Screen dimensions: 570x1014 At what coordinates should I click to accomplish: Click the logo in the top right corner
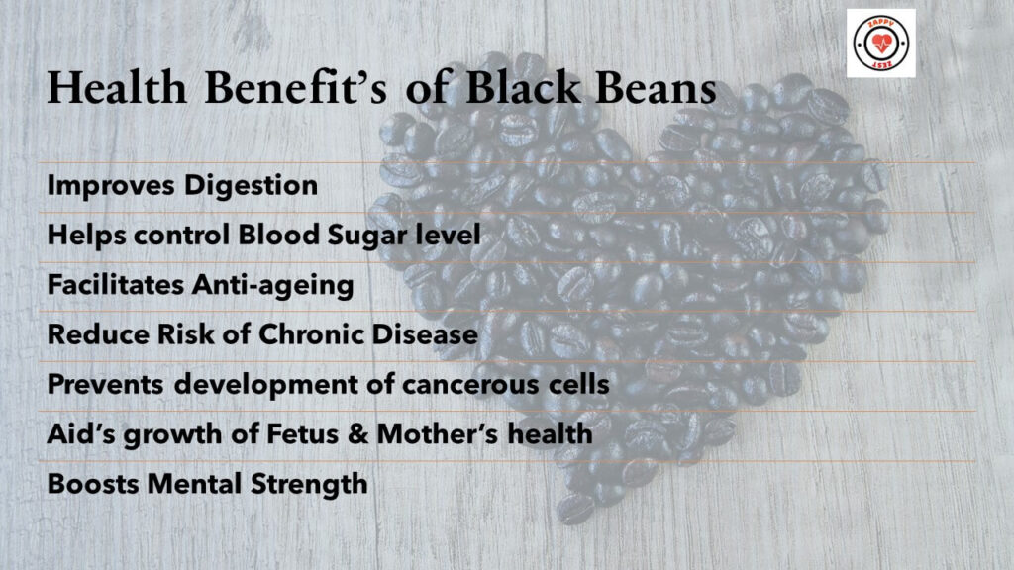[x=880, y=44]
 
